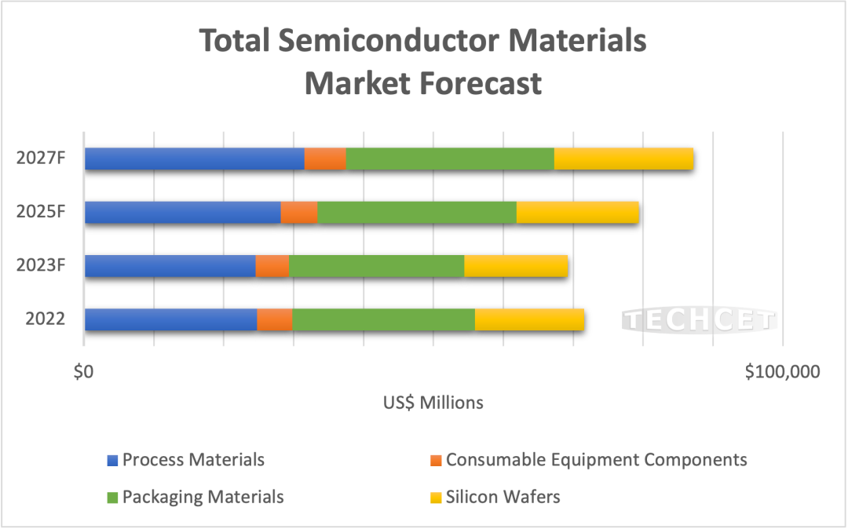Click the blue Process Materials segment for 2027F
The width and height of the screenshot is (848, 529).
click(194, 159)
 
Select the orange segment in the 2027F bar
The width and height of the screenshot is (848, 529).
click(325, 159)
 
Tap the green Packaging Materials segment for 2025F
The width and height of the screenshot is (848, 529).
click(416, 212)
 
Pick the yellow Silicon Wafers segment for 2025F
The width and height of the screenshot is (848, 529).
click(577, 212)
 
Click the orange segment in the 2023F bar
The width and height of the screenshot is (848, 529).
click(272, 265)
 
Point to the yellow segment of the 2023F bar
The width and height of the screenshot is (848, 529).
click(516, 265)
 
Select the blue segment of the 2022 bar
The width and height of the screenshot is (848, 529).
click(170, 319)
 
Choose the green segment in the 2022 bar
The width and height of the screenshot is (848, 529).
click(383, 319)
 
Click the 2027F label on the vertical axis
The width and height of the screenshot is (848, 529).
click(40, 158)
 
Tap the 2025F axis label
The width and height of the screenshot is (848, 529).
click(40, 212)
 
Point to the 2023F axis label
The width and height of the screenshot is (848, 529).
click(40, 265)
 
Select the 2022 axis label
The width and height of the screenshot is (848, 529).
click(45, 319)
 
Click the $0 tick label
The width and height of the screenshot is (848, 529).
click(83, 371)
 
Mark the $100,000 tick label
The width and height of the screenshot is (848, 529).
click(782, 371)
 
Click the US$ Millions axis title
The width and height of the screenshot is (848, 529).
click(433, 403)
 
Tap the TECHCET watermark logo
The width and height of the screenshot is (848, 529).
click(698, 320)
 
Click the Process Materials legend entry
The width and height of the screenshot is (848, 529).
click(193, 459)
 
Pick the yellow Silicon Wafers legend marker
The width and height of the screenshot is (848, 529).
click(436, 497)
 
